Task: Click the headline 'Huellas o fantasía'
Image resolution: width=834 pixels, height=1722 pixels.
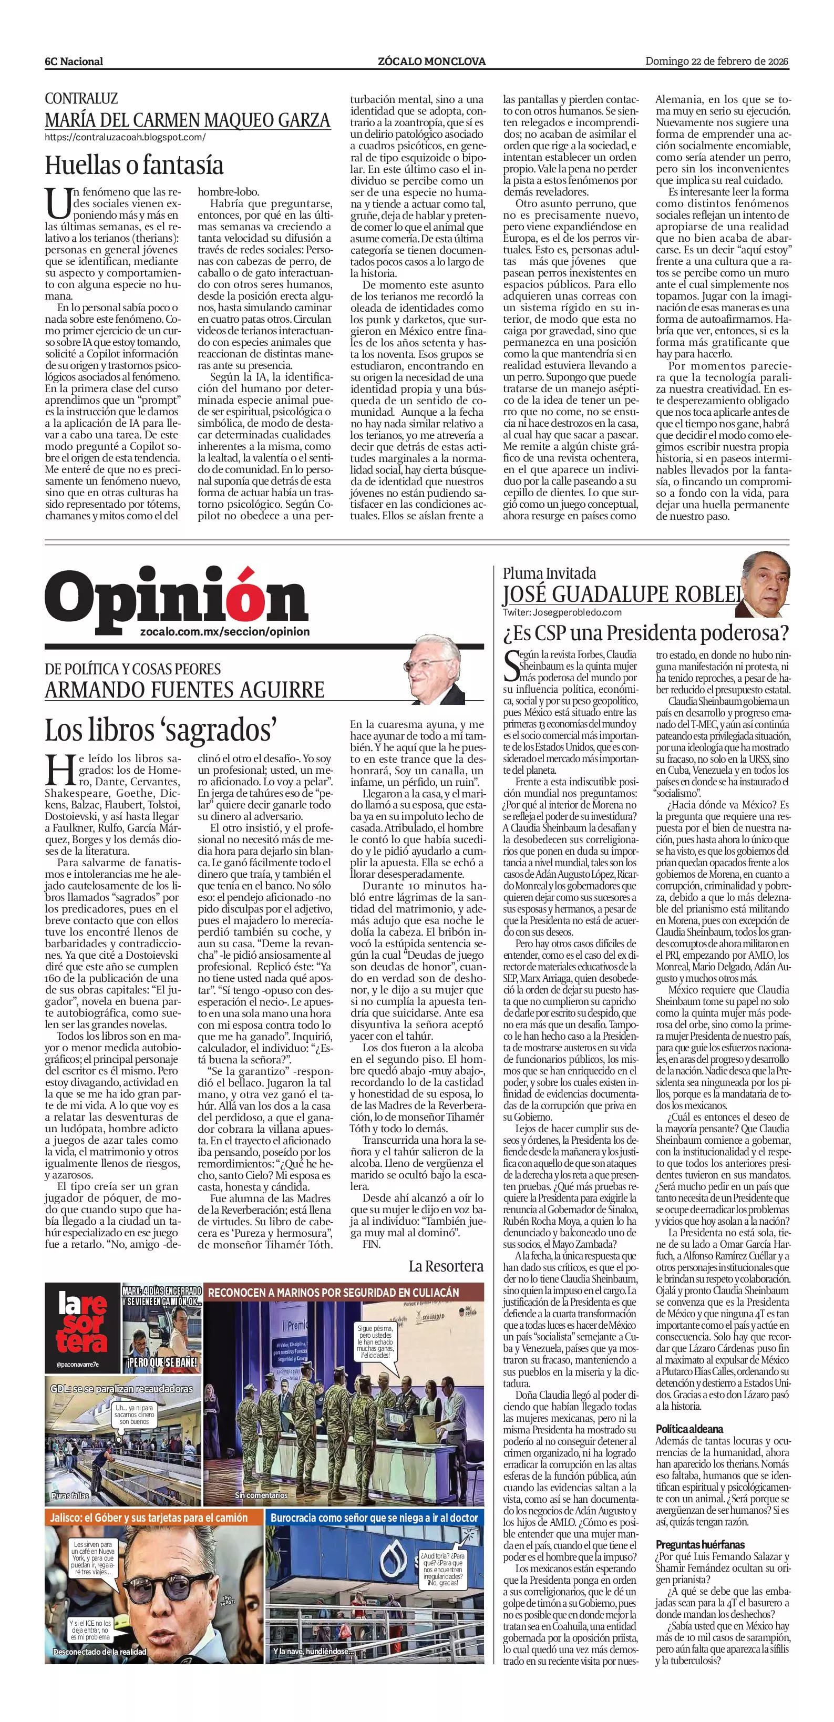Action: [x=133, y=165]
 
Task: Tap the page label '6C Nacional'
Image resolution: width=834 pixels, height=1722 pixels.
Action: [x=74, y=61]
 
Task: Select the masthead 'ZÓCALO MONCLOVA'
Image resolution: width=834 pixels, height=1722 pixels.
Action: [x=431, y=61]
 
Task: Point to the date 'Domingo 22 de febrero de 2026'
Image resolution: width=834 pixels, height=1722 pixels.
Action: [x=716, y=61]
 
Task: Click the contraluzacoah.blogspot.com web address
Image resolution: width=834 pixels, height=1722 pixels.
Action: [x=125, y=138]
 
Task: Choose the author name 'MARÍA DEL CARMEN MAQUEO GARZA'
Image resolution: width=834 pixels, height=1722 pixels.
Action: [x=187, y=120]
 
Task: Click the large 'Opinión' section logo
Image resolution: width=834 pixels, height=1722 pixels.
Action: [x=177, y=596]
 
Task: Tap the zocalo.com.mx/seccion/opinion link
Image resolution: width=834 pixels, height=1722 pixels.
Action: [x=225, y=632]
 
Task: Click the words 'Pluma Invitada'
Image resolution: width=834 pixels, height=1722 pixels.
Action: [x=549, y=573]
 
